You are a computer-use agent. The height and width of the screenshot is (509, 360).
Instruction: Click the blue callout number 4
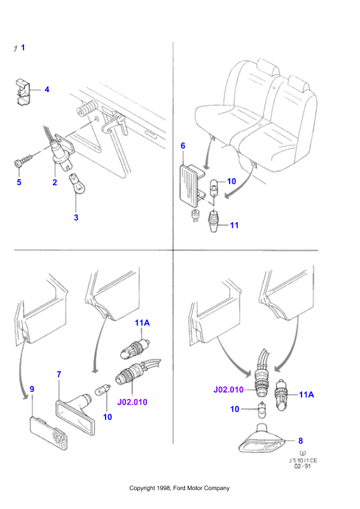(46, 89)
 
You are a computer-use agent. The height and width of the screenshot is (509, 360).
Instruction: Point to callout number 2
(55, 183)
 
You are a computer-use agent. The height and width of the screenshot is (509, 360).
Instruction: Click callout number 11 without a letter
(234, 225)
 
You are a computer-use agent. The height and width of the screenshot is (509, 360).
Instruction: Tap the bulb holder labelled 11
(214, 221)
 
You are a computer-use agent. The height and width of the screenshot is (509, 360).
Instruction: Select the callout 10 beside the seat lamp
(232, 181)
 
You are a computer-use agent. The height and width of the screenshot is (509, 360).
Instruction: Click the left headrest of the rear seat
(268, 67)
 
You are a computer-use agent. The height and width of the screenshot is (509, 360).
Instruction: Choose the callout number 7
(59, 374)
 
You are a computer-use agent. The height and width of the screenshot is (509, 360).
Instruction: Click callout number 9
(32, 389)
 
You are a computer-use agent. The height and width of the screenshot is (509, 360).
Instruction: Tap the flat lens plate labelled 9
(50, 433)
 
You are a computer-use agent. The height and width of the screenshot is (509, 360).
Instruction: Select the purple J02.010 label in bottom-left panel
(132, 402)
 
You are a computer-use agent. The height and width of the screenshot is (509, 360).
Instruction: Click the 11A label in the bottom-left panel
(142, 323)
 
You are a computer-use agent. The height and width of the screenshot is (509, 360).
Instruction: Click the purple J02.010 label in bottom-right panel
(228, 389)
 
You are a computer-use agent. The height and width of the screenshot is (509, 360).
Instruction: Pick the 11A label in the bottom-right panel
(307, 394)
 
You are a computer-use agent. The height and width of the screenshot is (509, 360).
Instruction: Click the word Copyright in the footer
(142, 488)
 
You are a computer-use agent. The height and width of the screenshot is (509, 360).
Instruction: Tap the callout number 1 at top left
(23, 47)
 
